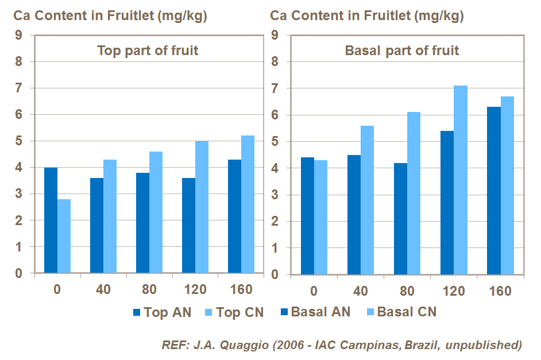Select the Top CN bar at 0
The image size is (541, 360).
64,236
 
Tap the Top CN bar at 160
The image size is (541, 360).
248,204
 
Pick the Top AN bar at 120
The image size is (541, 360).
188,225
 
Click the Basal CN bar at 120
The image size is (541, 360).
461,180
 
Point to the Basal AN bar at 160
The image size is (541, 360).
494,190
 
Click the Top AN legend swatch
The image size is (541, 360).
137,313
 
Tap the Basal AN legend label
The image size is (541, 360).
320,312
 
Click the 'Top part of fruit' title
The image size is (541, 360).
148,51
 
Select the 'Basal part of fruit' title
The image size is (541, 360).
402,51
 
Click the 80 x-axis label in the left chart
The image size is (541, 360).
149,290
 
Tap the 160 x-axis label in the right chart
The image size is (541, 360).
500,291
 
